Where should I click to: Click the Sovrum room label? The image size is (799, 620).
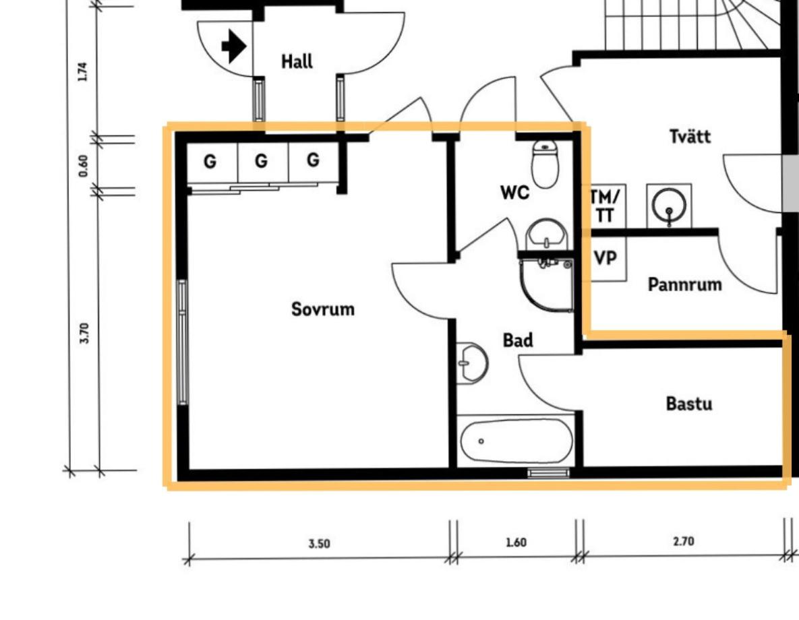click(322, 309)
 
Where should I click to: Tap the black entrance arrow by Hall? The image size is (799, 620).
click(234, 46)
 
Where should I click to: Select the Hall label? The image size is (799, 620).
click(297, 61)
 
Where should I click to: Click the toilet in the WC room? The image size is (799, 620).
click(545, 164)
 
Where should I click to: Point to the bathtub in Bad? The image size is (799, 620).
click(516, 441)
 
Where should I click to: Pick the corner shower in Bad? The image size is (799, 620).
click(546, 285)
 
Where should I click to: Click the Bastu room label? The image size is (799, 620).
click(689, 404)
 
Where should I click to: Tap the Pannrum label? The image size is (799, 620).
click(684, 284)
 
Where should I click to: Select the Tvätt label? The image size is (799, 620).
click(690, 136)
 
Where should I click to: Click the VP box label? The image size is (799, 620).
click(605, 258)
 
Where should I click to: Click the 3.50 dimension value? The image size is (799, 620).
click(319, 544)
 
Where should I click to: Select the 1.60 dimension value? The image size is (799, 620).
click(516, 542)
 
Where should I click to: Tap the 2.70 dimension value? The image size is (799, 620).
click(683, 540)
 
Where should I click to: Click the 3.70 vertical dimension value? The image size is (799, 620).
click(84, 333)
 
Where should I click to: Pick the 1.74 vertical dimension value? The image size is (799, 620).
click(82, 71)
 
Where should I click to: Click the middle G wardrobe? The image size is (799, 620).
click(262, 161)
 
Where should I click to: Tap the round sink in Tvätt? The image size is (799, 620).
click(669, 206)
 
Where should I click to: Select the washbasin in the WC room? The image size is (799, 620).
click(546, 234)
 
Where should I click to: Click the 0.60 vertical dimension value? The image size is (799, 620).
click(83, 166)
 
